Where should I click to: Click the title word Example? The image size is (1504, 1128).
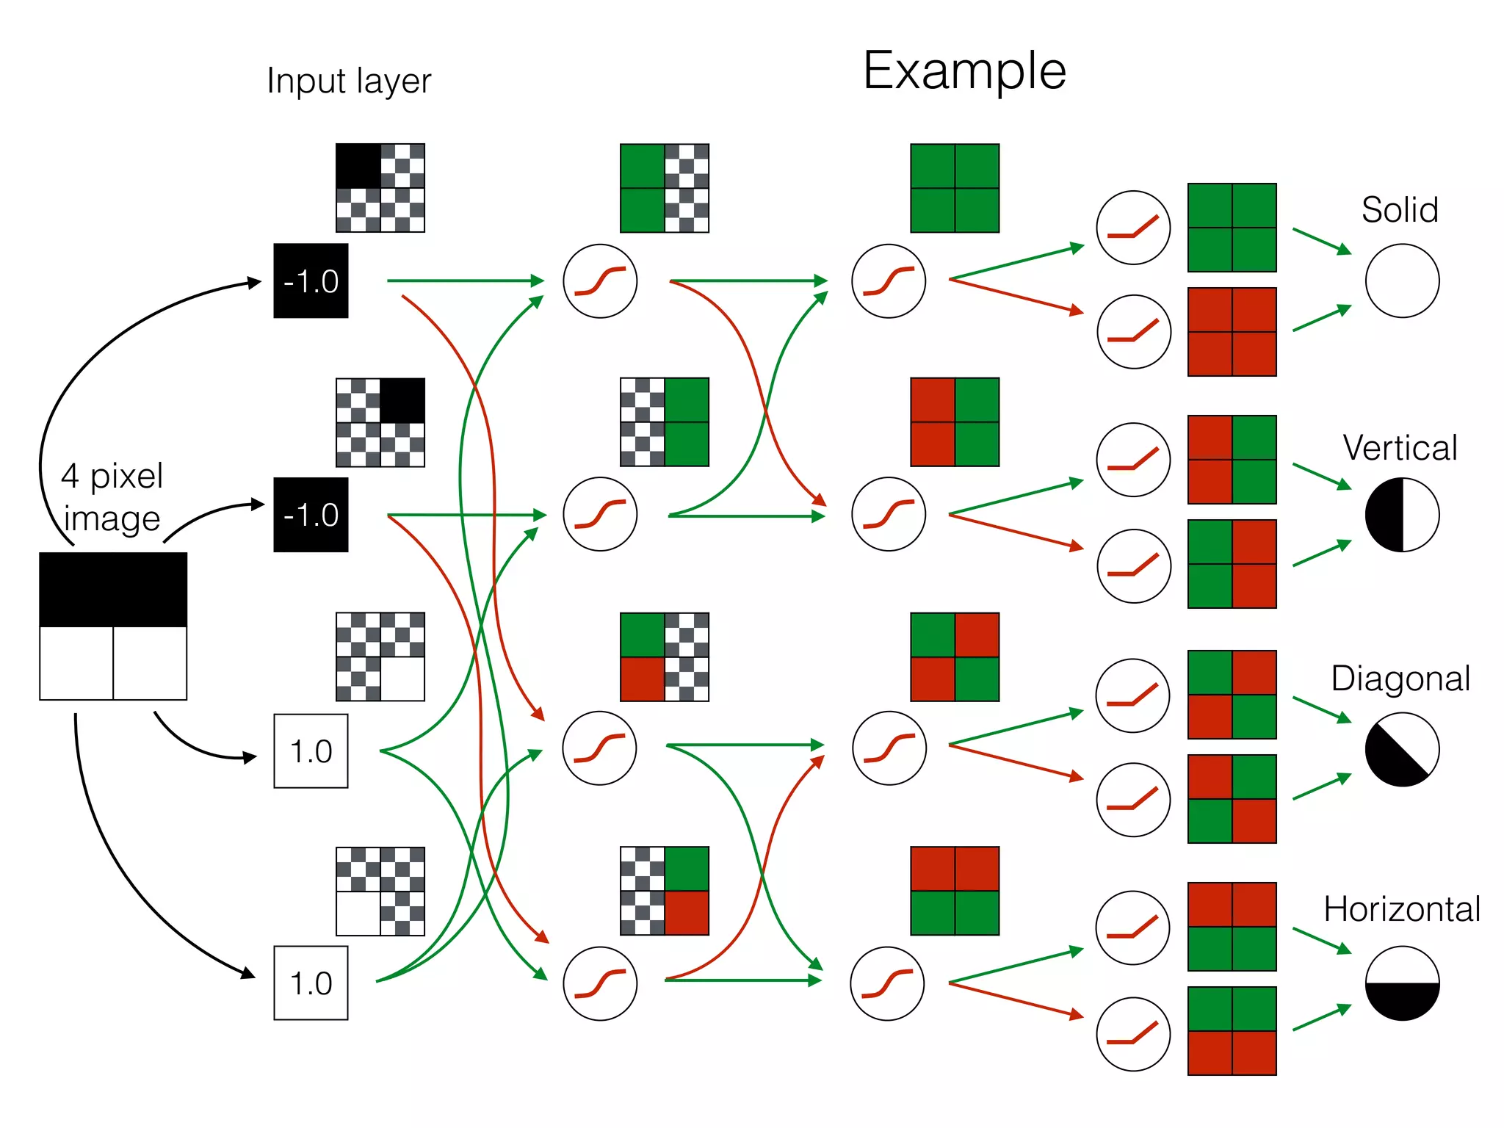point(963,71)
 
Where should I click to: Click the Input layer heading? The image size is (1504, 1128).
point(349,81)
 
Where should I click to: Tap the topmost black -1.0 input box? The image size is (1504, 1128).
point(311,281)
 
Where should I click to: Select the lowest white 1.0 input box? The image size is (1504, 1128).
point(311,983)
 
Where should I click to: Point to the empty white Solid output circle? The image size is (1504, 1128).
point(1402,281)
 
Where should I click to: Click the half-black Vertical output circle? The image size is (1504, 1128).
point(1402,514)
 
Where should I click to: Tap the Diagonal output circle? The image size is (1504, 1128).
point(1402,749)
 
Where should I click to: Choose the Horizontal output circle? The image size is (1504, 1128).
point(1402,983)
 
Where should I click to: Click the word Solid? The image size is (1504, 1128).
point(1399,210)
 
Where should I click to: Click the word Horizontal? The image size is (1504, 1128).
point(1401,909)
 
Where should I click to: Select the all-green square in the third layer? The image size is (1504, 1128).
point(955,188)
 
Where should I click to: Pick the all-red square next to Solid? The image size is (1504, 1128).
point(1232,332)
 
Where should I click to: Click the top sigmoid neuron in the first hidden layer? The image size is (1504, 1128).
point(600,281)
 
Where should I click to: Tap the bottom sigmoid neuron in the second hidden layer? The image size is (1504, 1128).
point(887,983)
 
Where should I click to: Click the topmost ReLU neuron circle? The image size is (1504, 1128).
point(1133,228)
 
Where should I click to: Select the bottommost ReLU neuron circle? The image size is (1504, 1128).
point(1133,1034)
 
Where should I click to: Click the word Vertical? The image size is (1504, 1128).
point(1400,448)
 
